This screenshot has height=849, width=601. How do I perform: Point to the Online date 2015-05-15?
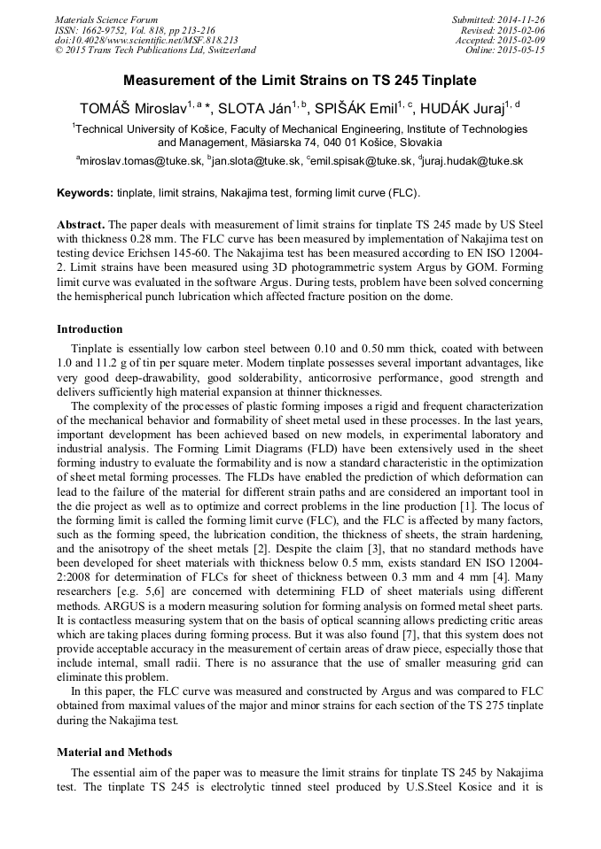coord(523,50)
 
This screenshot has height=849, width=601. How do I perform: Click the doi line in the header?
coord(146,40)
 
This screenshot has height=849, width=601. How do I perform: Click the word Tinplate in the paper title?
coord(449,81)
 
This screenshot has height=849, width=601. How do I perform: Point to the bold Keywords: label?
coord(85,192)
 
